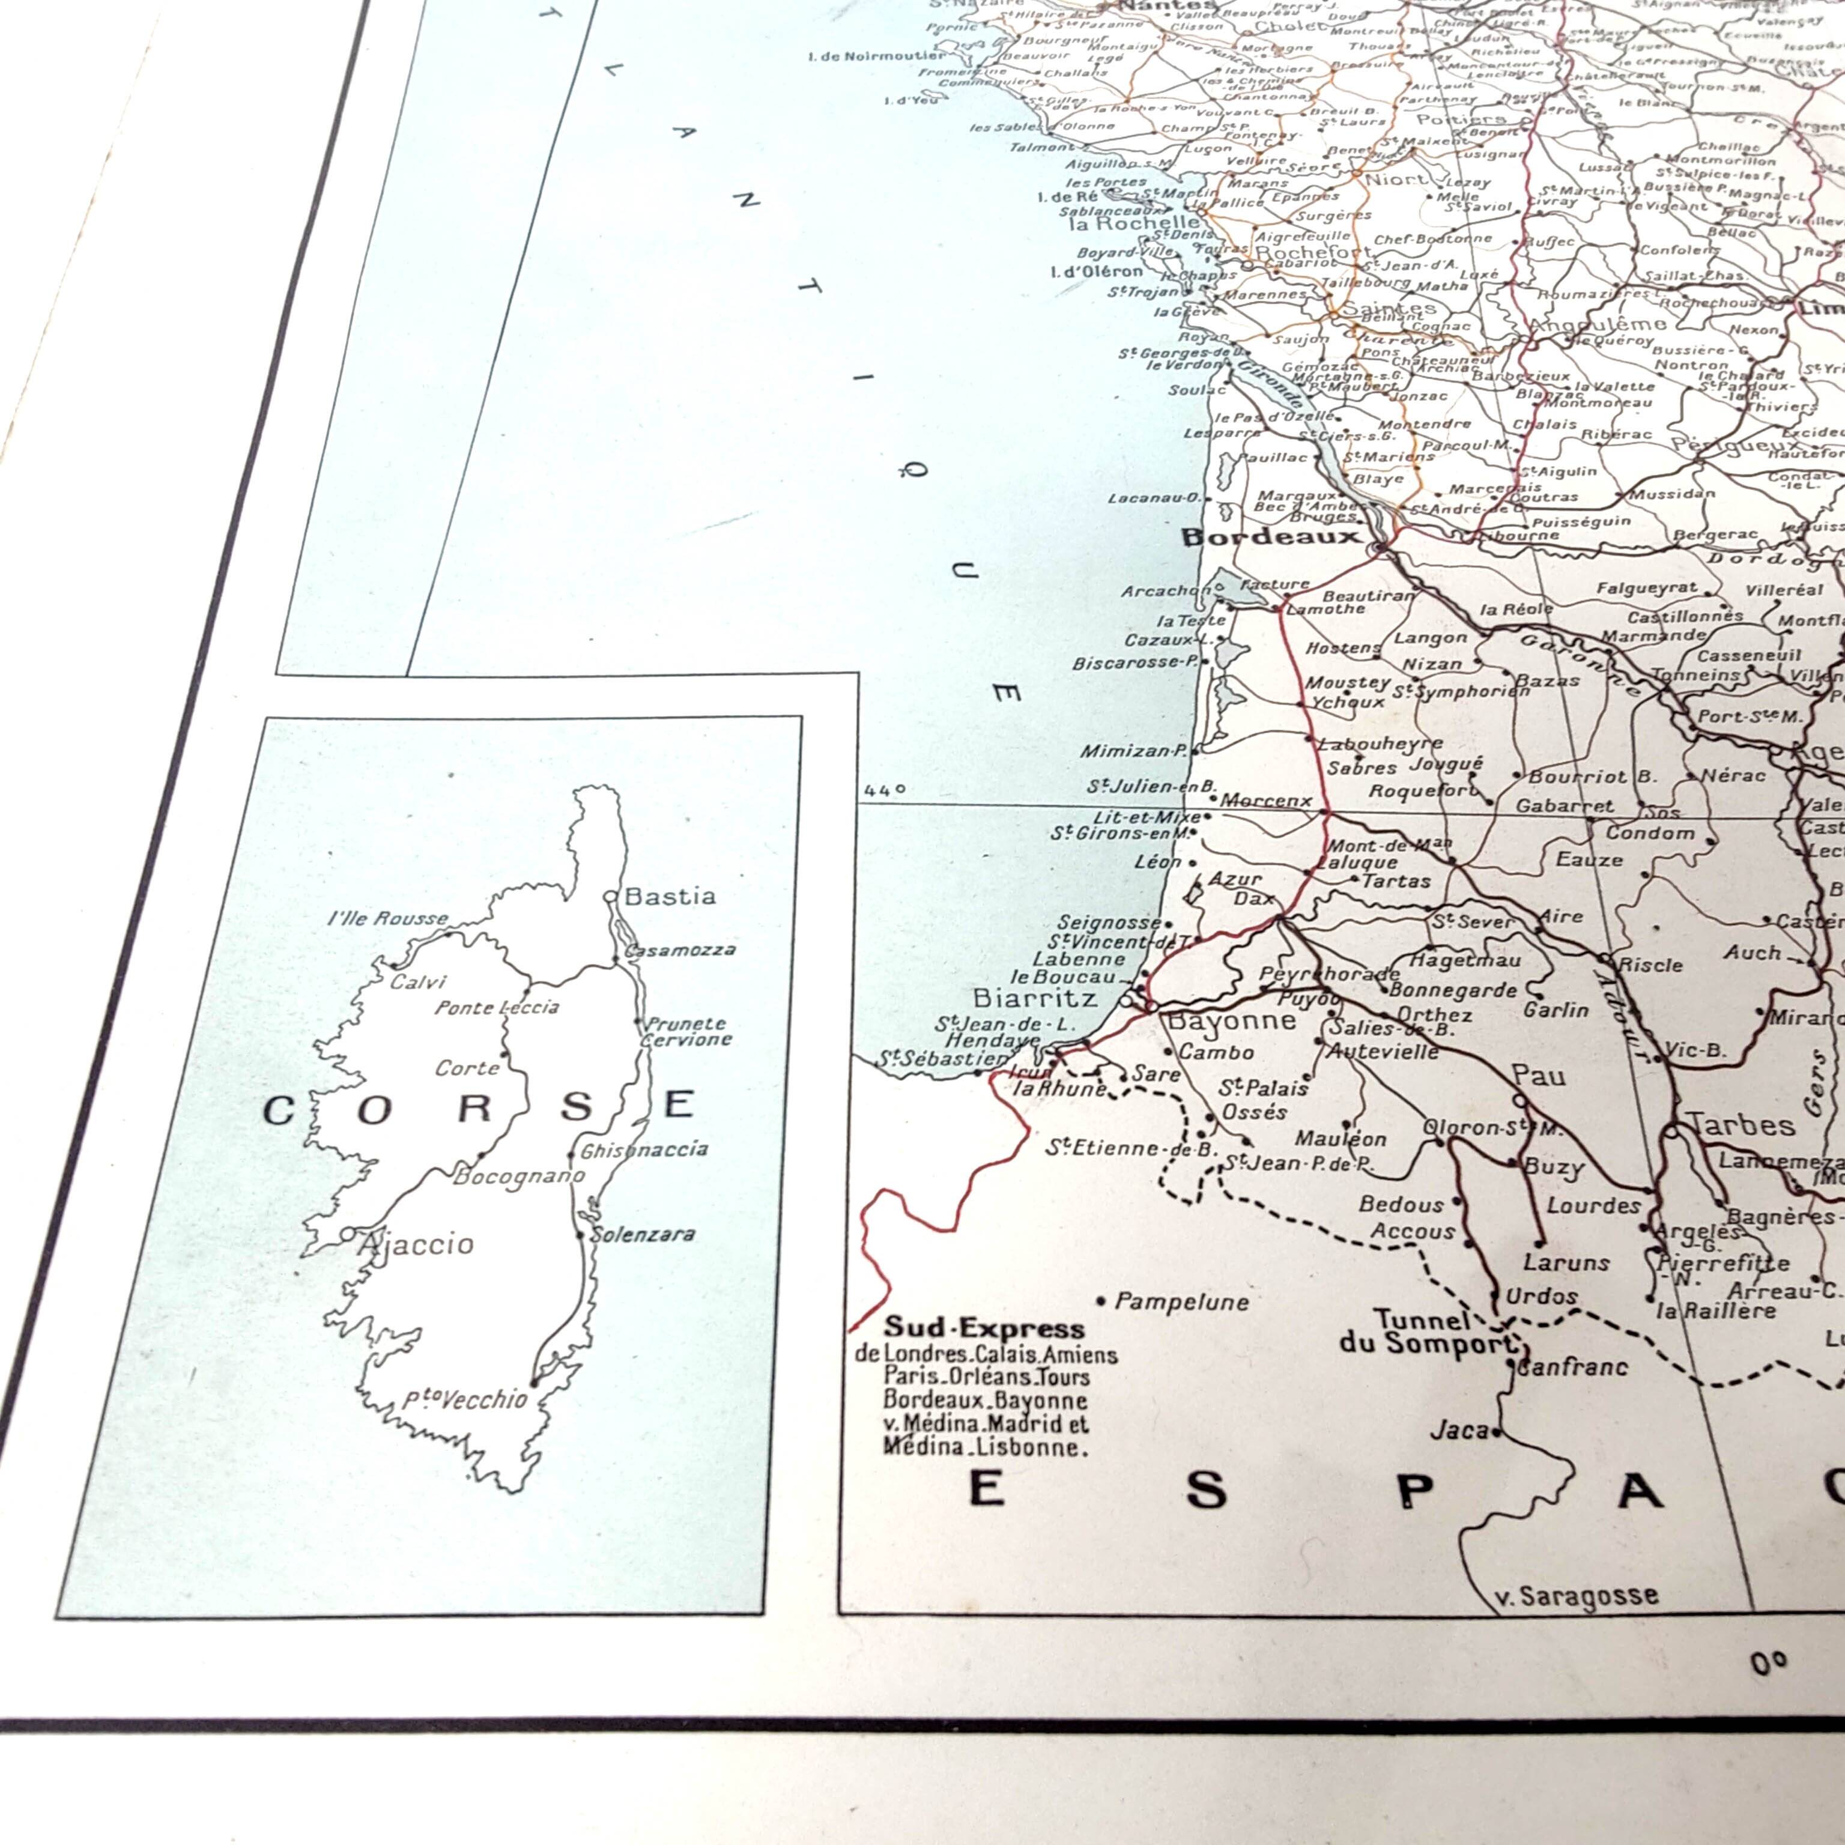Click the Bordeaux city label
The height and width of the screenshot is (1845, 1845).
click(x=1270, y=537)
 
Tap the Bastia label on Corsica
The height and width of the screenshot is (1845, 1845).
click(x=670, y=895)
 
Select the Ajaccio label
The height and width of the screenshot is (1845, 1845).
click(x=416, y=1243)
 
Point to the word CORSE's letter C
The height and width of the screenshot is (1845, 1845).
click(x=278, y=1110)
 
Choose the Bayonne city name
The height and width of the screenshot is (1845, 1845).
click(x=1232, y=1021)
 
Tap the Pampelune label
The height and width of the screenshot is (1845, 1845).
click(x=1182, y=1301)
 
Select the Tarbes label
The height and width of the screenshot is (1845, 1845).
click(x=1742, y=1125)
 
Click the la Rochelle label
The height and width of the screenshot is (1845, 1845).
click(x=1133, y=223)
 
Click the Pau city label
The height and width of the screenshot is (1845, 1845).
click(x=1539, y=1076)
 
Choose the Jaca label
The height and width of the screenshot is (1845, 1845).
click(x=1459, y=1431)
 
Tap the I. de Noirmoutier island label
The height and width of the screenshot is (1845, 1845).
click(x=877, y=56)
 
